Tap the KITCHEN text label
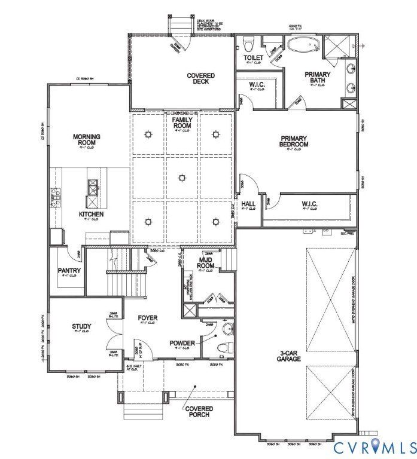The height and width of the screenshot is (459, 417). tap(92, 214)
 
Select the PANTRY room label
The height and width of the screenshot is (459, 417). tap(69, 270)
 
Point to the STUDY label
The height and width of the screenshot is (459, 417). tap(81, 326)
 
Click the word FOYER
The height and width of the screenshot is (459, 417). tap(147, 317)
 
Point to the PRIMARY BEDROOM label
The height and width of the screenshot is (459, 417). tap(294, 140)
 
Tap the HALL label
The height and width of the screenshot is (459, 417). tap(248, 204)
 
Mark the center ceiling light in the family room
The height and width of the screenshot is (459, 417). tap(182, 177)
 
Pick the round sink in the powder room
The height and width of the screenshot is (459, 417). tap(227, 329)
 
